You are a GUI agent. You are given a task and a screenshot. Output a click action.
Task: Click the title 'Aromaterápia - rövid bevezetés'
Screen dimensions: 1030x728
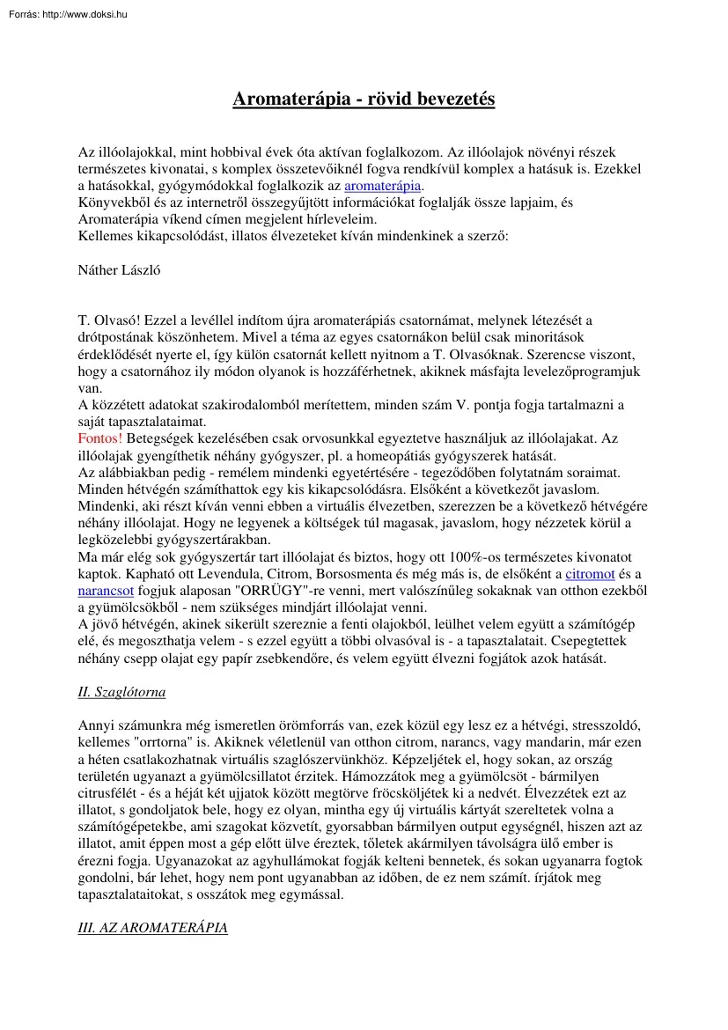tap(364, 99)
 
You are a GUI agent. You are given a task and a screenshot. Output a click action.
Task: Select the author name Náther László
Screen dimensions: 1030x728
tap(119, 270)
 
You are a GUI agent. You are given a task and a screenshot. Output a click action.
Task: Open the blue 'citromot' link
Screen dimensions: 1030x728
tap(590, 574)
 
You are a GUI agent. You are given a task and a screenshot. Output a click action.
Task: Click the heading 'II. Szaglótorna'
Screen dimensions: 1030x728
tap(121, 692)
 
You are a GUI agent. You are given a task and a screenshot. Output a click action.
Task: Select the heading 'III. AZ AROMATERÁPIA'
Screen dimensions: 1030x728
tap(152, 928)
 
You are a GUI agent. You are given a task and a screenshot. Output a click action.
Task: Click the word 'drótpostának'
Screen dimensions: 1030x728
tap(119, 337)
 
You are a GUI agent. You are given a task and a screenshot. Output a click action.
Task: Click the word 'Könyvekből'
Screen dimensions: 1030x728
tap(114, 203)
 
